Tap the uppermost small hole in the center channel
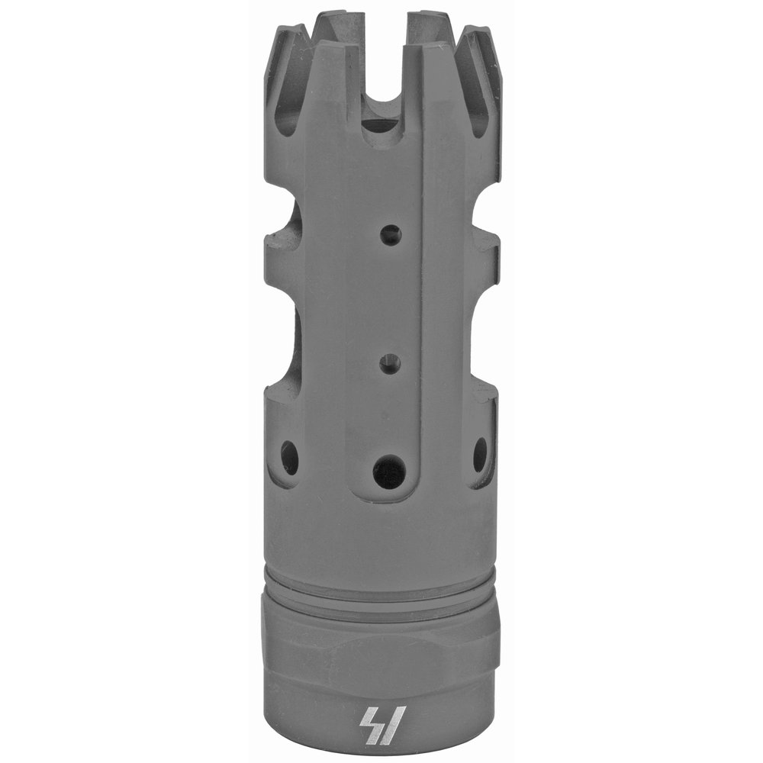tap(391, 235)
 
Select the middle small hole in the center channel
tap(391, 365)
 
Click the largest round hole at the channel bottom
tap(389, 472)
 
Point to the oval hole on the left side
tap(290, 457)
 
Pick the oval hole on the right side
tap(480, 454)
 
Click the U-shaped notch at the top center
tap(381, 99)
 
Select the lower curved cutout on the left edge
tap(282, 343)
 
